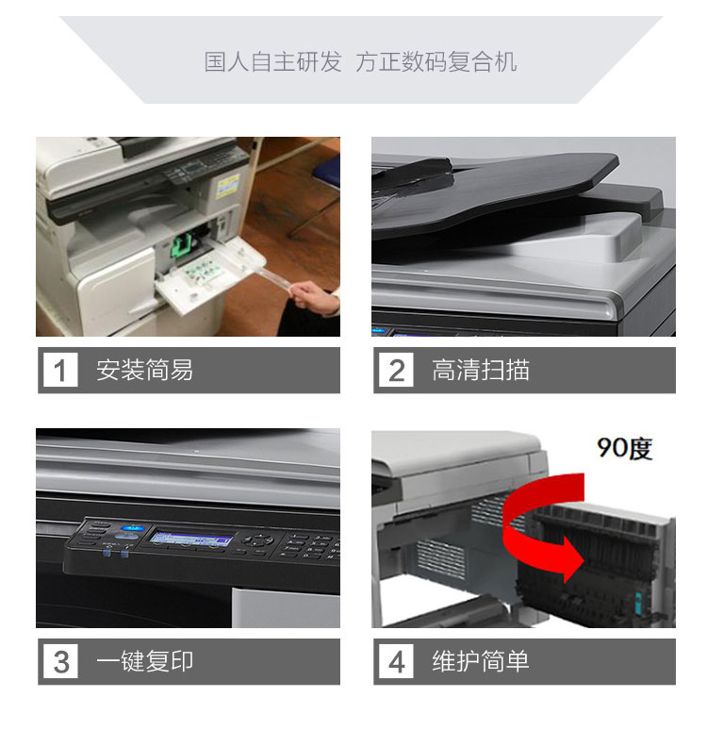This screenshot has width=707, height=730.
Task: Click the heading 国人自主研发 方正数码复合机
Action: [x=360, y=62]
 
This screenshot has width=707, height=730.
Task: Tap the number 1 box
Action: [x=60, y=370]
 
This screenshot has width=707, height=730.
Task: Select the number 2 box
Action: [x=396, y=370]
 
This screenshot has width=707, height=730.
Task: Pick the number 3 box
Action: [x=60, y=661]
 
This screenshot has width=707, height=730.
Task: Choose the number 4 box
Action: [x=396, y=661]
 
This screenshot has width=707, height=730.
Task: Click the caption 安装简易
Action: [x=144, y=370]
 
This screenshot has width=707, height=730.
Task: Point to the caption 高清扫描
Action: [x=481, y=370]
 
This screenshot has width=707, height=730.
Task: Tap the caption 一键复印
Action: [x=144, y=661]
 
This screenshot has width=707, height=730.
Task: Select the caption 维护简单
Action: [x=481, y=661]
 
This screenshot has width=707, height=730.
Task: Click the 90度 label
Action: [x=625, y=448]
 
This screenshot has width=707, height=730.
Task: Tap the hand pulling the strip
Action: [x=314, y=298]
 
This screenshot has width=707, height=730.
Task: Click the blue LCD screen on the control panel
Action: [x=190, y=539]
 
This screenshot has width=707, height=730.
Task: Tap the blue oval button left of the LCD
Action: [x=132, y=528]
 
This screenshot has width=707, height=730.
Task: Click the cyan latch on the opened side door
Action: [x=637, y=604]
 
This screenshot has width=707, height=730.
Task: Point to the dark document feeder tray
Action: [x=493, y=191]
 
